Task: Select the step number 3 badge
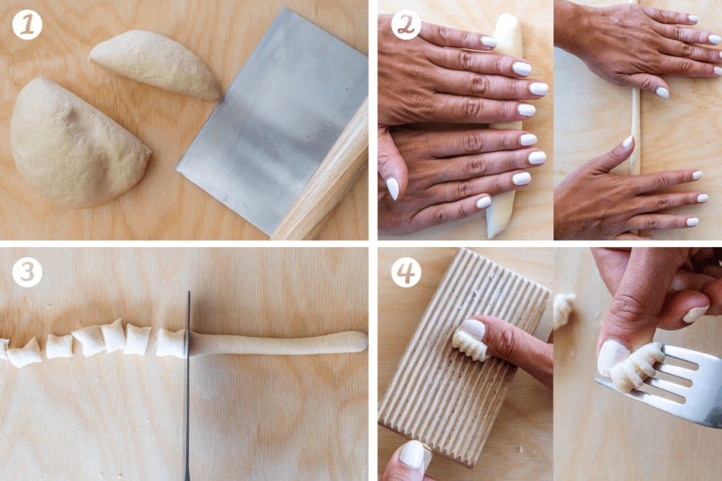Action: [x=27, y=272]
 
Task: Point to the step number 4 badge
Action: [x=406, y=272]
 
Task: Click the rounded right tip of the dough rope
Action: [x=361, y=341]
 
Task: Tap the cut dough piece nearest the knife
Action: [x=171, y=342]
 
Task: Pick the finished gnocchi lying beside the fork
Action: [x=563, y=310]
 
